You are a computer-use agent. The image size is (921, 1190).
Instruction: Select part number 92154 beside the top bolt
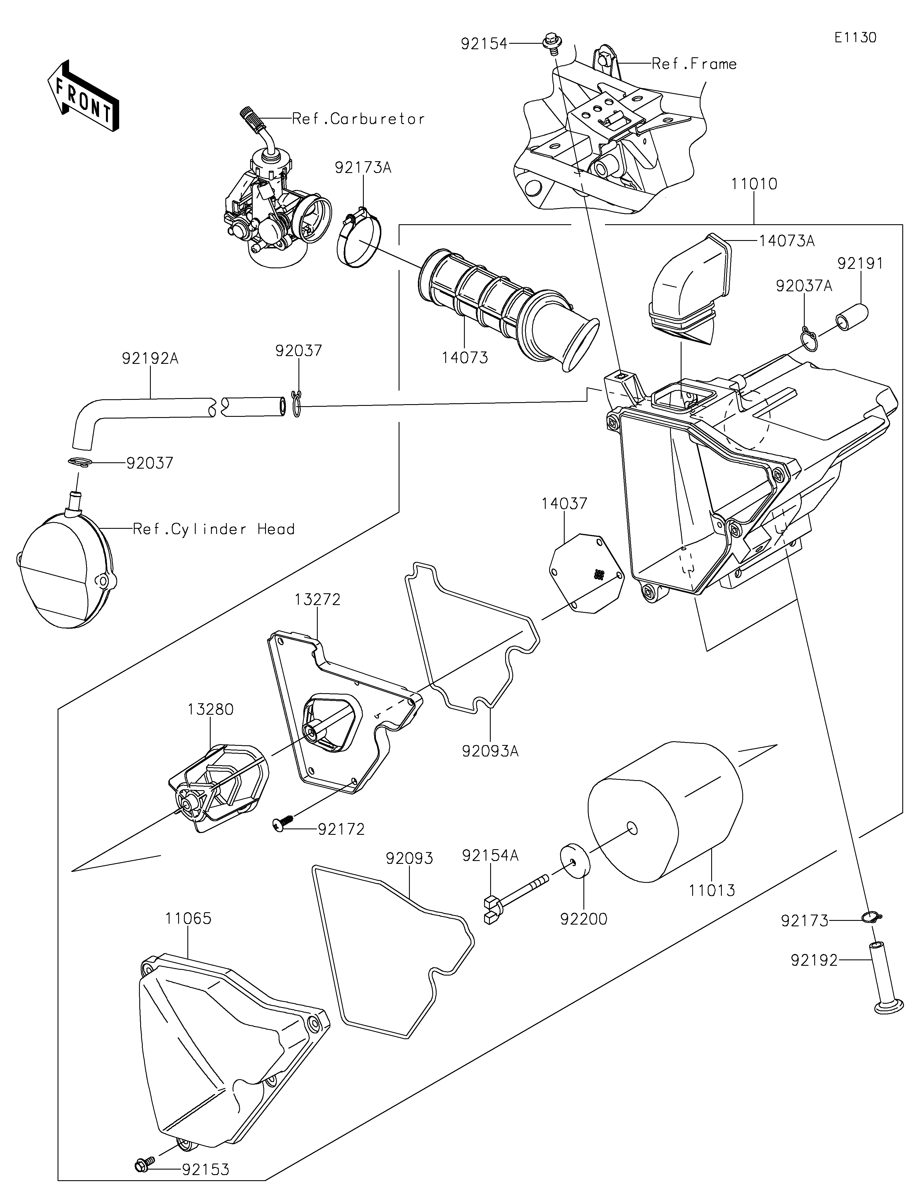point(484,43)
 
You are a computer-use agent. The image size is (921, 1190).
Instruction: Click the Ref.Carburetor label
point(358,119)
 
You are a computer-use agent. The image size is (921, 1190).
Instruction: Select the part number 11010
point(754,184)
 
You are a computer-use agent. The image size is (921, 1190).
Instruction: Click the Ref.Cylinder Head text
point(214,529)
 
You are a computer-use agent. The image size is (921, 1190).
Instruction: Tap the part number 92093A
point(490,751)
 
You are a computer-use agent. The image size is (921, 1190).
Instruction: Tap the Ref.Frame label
point(694,64)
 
